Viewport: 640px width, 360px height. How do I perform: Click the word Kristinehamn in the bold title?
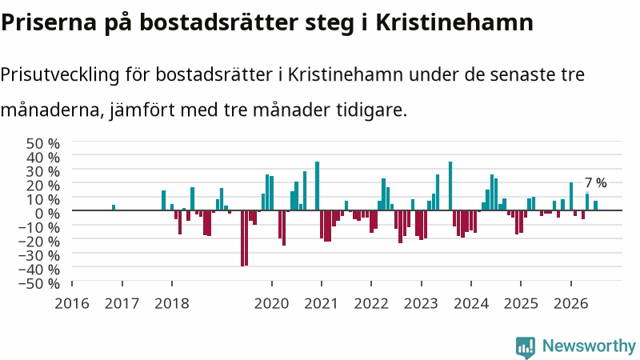454,22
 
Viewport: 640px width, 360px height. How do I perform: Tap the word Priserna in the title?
49,22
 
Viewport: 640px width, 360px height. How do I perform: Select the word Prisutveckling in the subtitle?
60,75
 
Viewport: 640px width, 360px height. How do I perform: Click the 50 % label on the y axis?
43,143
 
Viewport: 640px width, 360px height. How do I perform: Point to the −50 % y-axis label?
39,283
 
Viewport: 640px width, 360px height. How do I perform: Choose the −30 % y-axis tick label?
39,255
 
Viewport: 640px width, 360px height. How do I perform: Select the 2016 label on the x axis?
72,304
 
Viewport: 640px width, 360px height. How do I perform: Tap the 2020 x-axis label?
271,304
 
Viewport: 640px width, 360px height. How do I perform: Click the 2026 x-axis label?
570,304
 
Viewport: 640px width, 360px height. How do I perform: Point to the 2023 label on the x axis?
421,304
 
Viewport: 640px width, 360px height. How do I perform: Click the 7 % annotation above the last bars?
595,182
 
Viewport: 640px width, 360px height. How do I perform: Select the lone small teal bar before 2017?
114,208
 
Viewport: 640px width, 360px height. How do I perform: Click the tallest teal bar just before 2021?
317,186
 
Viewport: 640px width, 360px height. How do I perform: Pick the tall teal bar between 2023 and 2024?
450,186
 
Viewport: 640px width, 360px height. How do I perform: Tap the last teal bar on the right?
595,206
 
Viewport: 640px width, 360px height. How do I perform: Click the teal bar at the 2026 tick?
571,196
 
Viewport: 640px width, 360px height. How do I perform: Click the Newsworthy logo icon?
526,348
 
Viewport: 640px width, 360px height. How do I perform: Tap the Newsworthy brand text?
589,346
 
